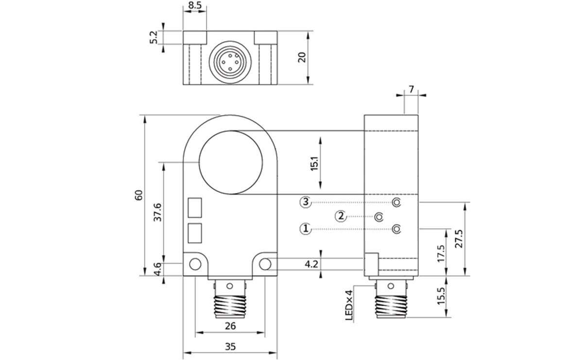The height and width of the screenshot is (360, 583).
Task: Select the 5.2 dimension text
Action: point(154,37)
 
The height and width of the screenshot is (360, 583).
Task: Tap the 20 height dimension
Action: point(302,57)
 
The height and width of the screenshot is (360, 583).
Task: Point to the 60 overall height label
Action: point(139,195)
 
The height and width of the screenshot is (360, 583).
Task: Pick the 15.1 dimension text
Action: point(314,163)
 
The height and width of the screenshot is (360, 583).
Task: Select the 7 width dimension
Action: point(411,89)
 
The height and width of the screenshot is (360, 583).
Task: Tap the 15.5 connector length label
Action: point(441,296)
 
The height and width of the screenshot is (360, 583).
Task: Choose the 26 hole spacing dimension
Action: point(230,326)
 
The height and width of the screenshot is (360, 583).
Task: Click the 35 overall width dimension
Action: point(230,346)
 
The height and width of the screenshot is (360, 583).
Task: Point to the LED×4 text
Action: point(348,305)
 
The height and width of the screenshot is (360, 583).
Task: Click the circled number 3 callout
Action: point(305,202)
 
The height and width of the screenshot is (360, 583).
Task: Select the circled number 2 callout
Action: point(342,216)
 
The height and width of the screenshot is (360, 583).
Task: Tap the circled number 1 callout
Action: point(305,228)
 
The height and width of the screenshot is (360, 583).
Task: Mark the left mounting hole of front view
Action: point(195,264)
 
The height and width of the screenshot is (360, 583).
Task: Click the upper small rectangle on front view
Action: point(195,207)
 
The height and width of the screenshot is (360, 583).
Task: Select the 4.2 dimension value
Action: point(311,264)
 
